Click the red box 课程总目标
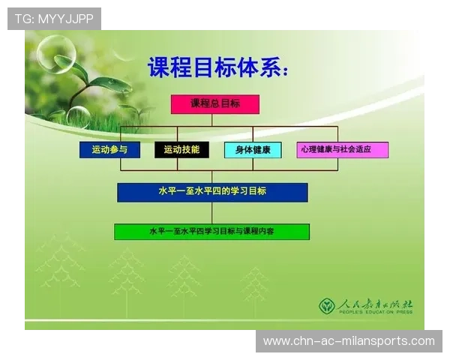coord(214,104)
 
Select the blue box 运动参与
coord(109,149)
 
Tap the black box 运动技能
coord(181,149)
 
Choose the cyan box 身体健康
coord(253,149)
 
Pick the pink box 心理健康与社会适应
coord(342,149)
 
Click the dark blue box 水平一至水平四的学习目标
coord(212,192)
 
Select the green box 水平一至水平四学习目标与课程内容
coord(211,232)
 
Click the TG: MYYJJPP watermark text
coord(54,19)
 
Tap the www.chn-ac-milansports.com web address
coord(349,341)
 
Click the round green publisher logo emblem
coord(327,306)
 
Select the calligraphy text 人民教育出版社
coord(375,304)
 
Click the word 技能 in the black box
coord(190,149)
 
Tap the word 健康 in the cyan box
coord(262,149)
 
